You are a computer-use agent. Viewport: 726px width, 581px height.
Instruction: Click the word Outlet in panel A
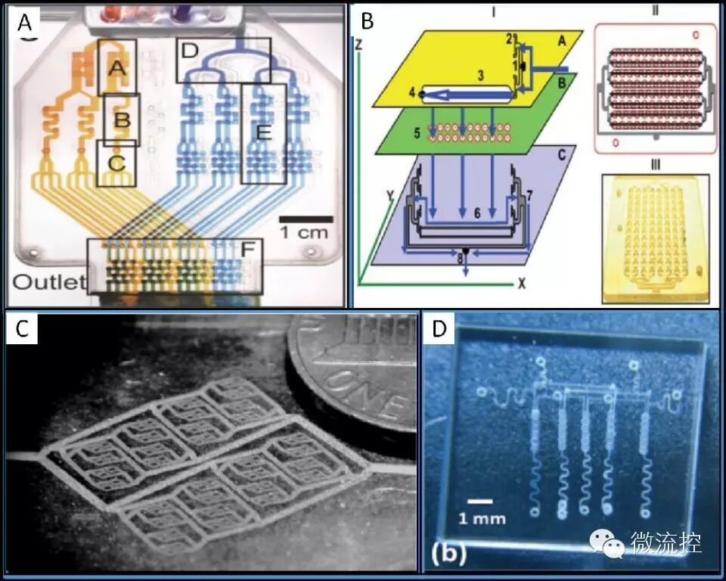coord(48,283)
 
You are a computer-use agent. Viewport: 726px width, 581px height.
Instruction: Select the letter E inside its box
coord(262,133)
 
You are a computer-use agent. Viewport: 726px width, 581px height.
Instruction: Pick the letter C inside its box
coord(115,162)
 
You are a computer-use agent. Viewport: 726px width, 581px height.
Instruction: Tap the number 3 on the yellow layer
coord(479,76)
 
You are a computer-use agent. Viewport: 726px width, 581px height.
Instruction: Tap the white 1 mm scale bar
coord(479,500)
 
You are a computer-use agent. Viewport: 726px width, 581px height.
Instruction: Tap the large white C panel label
coord(23,330)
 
